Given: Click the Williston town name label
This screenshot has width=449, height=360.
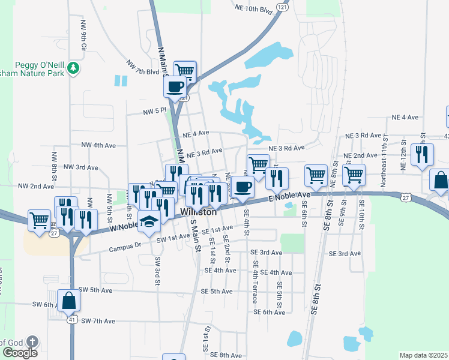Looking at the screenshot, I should (x=199, y=212).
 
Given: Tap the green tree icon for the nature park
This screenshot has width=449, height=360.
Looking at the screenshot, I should (x=73, y=68).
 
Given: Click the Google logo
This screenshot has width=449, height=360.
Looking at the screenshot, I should (x=19, y=352).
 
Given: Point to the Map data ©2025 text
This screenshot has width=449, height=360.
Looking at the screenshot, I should (x=423, y=355).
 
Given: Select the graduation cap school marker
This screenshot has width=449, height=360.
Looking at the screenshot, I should (x=149, y=221).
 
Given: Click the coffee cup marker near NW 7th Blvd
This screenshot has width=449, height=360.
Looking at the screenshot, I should (x=175, y=86).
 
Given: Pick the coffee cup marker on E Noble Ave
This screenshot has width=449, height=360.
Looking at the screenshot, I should (x=243, y=187).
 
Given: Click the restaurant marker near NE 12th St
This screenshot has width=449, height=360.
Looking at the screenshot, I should (x=422, y=154).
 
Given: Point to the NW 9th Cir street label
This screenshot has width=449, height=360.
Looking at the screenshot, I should (x=83, y=35).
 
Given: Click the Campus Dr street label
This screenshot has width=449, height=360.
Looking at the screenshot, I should (x=125, y=246).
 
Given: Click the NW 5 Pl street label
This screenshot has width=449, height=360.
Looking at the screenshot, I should (x=154, y=112).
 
